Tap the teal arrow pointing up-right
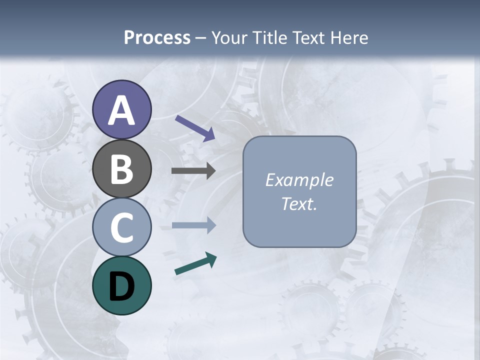195,263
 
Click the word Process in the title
157,37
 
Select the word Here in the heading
349,37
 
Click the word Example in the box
299,180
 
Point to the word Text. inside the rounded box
299,204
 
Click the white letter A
121,111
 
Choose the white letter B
121,169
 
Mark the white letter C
121,227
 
